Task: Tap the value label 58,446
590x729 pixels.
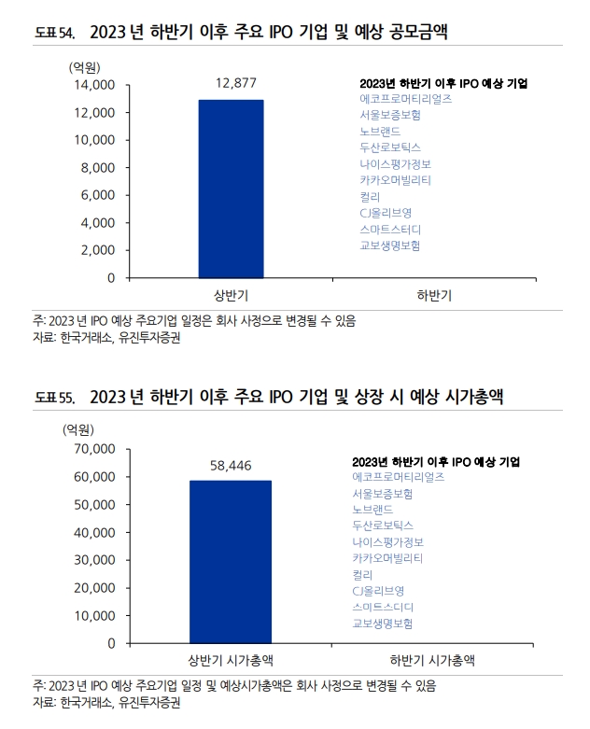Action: tap(232, 464)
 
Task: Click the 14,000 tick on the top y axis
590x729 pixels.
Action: tap(93, 85)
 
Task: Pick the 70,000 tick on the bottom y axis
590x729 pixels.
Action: tap(91, 449)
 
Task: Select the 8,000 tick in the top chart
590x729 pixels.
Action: tap(97, 168)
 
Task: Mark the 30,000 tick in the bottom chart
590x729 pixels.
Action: tap(91, 561)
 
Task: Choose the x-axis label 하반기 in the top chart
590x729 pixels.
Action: tap(433, 296)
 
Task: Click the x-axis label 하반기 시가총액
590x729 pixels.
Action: tap(431, 662)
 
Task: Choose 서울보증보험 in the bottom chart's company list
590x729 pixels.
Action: tap(383, 494)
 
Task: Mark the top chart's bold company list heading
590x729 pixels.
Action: tap(443, 83)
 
